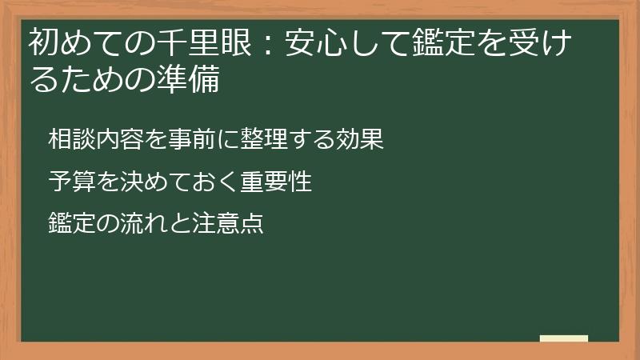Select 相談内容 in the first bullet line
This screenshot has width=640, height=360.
(x=89, y=139)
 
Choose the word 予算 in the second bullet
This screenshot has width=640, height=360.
(x=70, y=181)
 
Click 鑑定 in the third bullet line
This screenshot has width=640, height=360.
(x=70, y=222)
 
